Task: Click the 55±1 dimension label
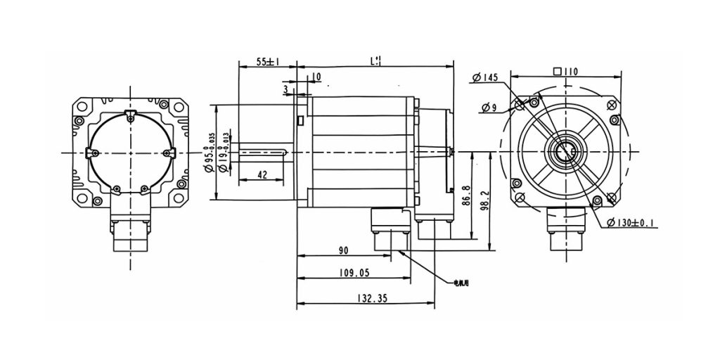coord(267,62)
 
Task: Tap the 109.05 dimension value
coord(354,273)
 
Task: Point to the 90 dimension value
coord(344,250)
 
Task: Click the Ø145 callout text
coord(486,77)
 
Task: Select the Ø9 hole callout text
coord(490,107)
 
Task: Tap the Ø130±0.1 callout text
coord(631,224)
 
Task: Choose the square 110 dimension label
coord(565,70)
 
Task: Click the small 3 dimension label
coord(285,89)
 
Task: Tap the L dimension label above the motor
coord(376,61)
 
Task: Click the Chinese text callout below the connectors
coord(461,283)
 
